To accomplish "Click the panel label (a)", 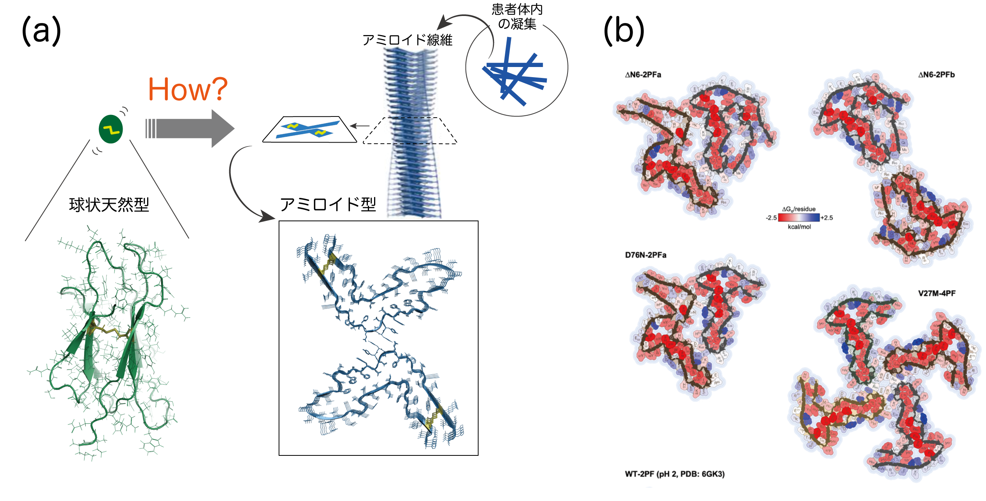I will click(x=41, y=31).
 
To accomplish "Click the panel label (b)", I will click(x=624, y=31).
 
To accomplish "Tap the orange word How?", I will click(x=188, y=90).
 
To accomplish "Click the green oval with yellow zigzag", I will click(x=111, y=129).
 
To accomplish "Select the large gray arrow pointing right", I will click(x=191, y=129).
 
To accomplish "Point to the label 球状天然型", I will click(x=109, y=205).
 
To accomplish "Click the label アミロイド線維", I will click(x=407, y=40).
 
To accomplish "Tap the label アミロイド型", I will click(x=328, y=204).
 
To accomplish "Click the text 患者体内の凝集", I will click(x=517, y=16).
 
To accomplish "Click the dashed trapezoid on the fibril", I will click(x=410, y=131).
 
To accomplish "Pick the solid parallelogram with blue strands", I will click(x=309, y=129).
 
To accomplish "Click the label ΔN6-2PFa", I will click(x=643, y=75).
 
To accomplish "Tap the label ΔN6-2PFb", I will click(x=936, y=75).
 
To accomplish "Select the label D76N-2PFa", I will click(x=645, y=255).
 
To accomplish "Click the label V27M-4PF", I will click(x=937, y=293).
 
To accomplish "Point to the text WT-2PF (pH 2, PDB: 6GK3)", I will click(x=675, y=474).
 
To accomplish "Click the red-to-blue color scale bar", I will click(x=799, y=218).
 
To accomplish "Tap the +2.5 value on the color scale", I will click(x=827, y=218).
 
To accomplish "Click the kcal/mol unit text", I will click(x=799, y=227).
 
